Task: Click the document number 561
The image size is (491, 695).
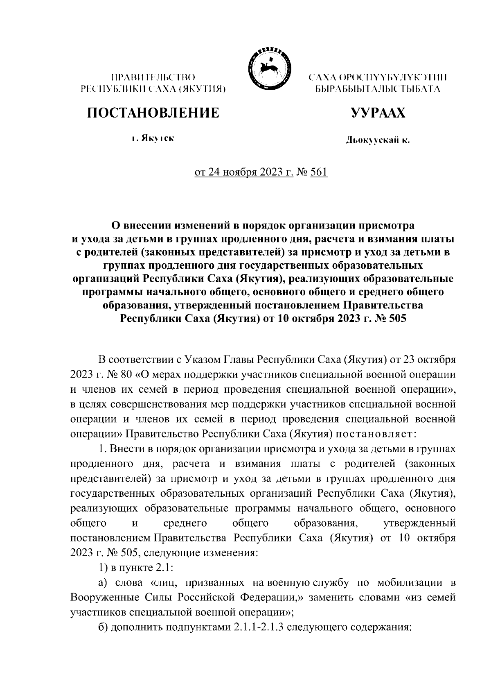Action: click(x=319, y=173)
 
